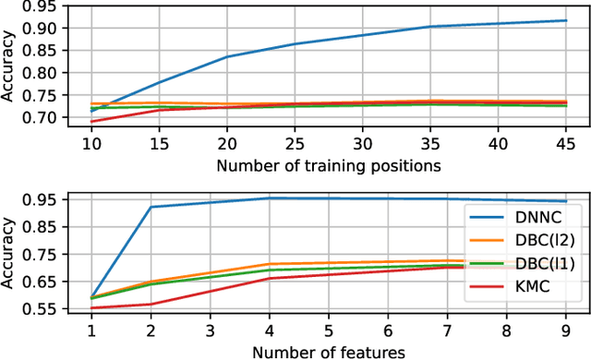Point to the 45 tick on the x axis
coord(566,144)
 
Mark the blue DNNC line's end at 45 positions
coord(566,20)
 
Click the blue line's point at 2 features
coord(150,207)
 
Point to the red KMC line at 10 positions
coord(90,121)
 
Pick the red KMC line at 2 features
coord(150,304)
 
